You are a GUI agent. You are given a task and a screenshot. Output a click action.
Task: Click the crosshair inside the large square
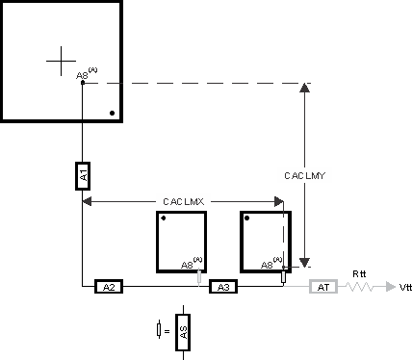pos(61,61)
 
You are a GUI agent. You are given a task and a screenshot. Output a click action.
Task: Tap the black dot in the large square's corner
pos(113,114)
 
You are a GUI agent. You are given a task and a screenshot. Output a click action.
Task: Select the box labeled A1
pos(83,176)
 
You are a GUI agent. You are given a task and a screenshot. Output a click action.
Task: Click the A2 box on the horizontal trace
pos(109,287)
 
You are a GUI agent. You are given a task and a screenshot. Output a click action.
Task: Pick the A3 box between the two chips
pos(222,287)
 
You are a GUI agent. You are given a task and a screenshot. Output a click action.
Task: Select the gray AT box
pos(322,287)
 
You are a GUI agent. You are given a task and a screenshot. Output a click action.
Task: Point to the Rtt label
pos(359,273)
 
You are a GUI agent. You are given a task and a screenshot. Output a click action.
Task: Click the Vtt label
pos(405,288)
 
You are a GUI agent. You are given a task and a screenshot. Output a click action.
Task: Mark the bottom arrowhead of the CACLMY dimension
pos(305,260)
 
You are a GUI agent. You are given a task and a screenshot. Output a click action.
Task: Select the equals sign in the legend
pos(167,331)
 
